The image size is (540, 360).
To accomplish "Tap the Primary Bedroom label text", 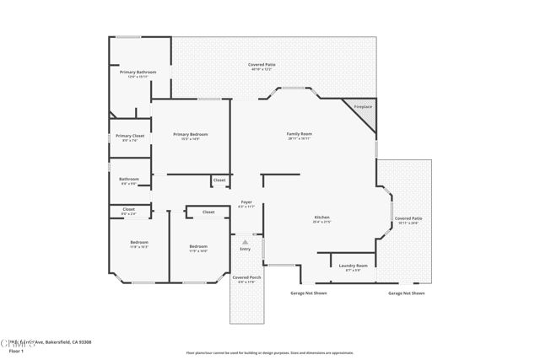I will coord(191,134).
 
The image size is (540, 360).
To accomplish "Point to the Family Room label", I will coord(300,134).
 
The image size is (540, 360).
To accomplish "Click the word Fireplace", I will coord(363,107).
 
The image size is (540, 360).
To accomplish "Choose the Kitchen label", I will coord(322,218).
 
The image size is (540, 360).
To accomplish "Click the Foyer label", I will coord(246,202).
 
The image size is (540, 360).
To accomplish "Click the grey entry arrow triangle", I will coord(246,242).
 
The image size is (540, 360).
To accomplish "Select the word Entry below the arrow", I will coord(246,249).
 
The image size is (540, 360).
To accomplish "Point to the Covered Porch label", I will coord(246,277).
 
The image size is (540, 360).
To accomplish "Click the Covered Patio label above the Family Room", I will coord(262,65).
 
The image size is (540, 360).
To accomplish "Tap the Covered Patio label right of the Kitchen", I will coord(408,218).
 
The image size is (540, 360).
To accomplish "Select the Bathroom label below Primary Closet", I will coord(129,179).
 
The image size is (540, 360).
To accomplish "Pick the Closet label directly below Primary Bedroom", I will coord(219,180).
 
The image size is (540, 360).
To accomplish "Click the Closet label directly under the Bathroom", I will coord(128,209).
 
